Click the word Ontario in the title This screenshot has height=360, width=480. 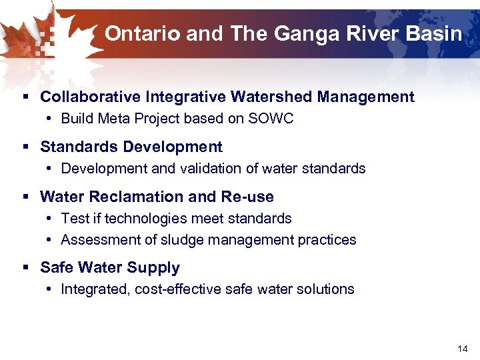(x=142, y=33)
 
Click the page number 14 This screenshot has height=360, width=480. (x=463, y=349)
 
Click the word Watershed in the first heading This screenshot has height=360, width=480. (x=272, y=97)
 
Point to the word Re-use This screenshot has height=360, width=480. (x=251, y=197)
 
